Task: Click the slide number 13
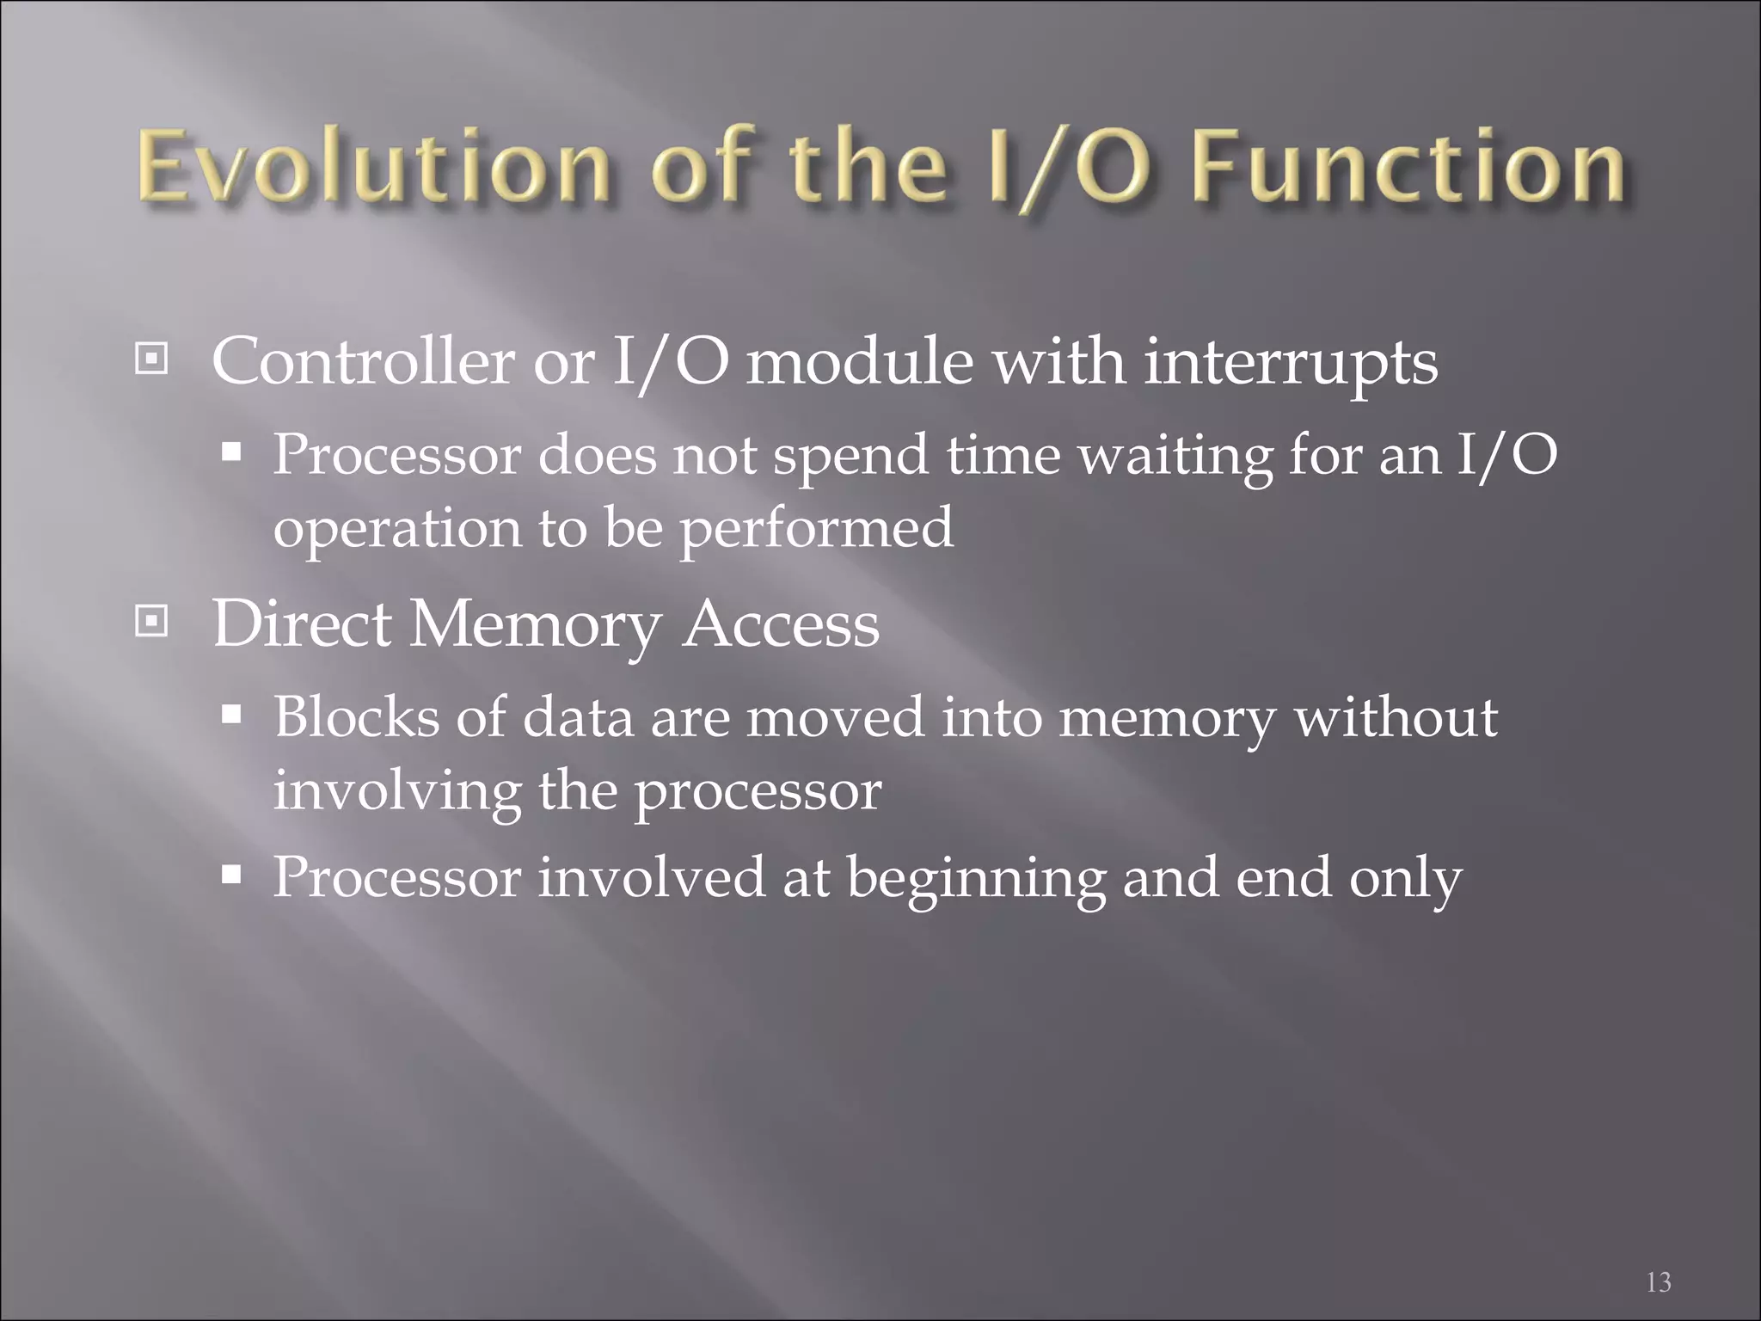click(1659, 1282)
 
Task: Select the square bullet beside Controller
click(152, 359)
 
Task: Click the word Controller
click(362, 361)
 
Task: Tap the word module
click(859, 361)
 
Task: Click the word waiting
click(1175, 456)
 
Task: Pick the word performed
click(817, 529)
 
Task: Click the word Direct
click(302, 624)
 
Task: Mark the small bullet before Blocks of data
click(231, 714)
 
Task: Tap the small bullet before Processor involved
click(231, 876)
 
